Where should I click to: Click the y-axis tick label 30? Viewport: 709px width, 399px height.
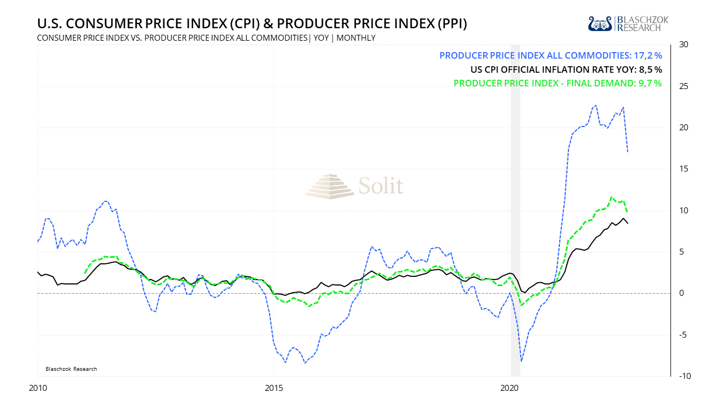[685, 45]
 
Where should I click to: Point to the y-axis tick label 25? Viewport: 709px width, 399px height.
[685, 86]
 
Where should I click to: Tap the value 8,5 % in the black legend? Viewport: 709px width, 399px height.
[650, 69]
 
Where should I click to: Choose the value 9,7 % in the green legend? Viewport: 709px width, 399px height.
[650, 83]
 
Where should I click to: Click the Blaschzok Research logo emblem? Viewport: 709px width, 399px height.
[600, 23]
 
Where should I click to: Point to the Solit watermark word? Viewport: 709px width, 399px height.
[381, 186]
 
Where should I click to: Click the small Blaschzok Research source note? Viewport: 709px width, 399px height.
[70, 369]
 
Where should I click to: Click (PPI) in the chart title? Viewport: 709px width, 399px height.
[448, 24]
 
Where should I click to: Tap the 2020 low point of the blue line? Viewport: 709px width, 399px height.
[521, 361]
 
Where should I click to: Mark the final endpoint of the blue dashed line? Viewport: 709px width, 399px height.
[628, 151]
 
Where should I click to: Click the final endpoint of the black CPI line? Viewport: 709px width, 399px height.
[628, 223]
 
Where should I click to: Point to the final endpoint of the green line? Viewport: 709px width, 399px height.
[628, 212]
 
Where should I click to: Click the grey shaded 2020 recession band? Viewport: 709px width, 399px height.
[515, 217]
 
